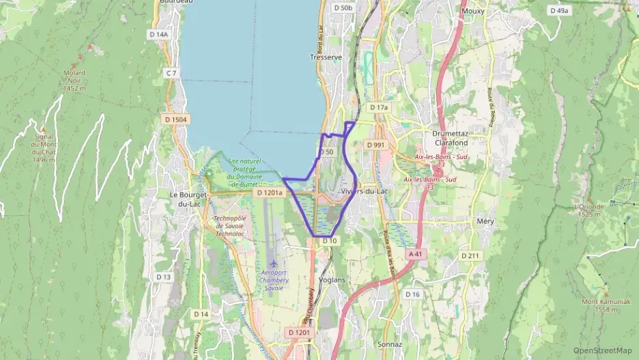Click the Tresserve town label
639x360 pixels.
tap(326, 57)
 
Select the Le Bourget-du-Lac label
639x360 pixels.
tap(183, 199)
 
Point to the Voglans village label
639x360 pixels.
tap(332, 279)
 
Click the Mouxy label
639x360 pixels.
tap(473, 12)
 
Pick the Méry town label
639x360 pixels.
tap(485, 221)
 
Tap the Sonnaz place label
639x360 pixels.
tap(390, 345)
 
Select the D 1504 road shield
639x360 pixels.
tap(175, 120)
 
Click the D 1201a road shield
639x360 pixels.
tap(268, 193)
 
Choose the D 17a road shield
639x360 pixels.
tap(378, 107)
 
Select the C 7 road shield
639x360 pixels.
tap(171, 73)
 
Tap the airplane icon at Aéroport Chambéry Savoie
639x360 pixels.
tap(274, 263)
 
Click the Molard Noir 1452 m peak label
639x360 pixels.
tap(74, 80)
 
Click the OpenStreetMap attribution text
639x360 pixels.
tap(602, 350)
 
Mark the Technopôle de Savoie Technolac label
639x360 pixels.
tap(233, 225)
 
